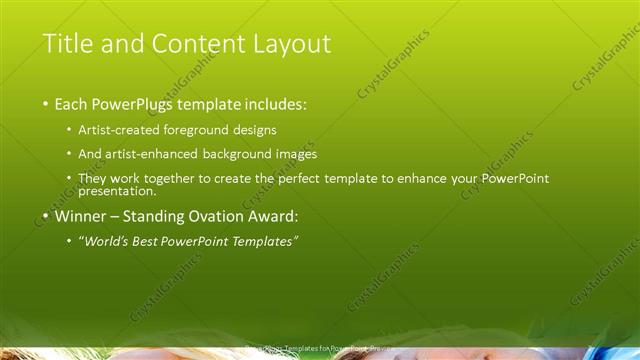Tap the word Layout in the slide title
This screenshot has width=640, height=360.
pyautogui.click(x=290, y=44)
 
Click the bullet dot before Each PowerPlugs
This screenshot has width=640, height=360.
pyautogui.click(x=46, y=104)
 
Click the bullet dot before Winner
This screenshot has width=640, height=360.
pyautogui.click(x=46, y=216)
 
